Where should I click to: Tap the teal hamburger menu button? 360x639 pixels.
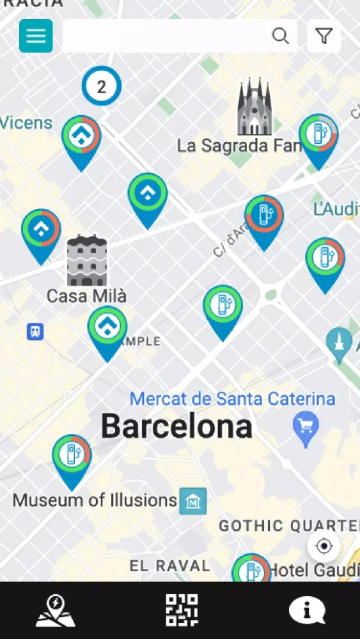tap(36, 36)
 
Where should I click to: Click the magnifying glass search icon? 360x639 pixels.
tap(280, 36)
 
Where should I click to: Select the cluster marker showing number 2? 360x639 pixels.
tap(101, 86)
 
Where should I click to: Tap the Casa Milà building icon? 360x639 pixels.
tap(87, 261)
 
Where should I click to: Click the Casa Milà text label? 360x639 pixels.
tap(87, 296)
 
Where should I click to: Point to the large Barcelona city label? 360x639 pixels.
tap(176, 426)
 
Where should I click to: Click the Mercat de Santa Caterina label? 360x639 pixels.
tap(232, 399)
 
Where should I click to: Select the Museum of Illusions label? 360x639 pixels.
tap(95, 500)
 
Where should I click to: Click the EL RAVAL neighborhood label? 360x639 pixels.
tap(169, 566)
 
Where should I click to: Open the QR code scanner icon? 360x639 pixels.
tap(182, 610)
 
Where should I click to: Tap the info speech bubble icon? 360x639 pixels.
tap(306, 610)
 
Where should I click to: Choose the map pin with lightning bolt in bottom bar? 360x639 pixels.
tap(56, 610)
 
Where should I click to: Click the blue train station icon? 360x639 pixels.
tap(35, 332)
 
